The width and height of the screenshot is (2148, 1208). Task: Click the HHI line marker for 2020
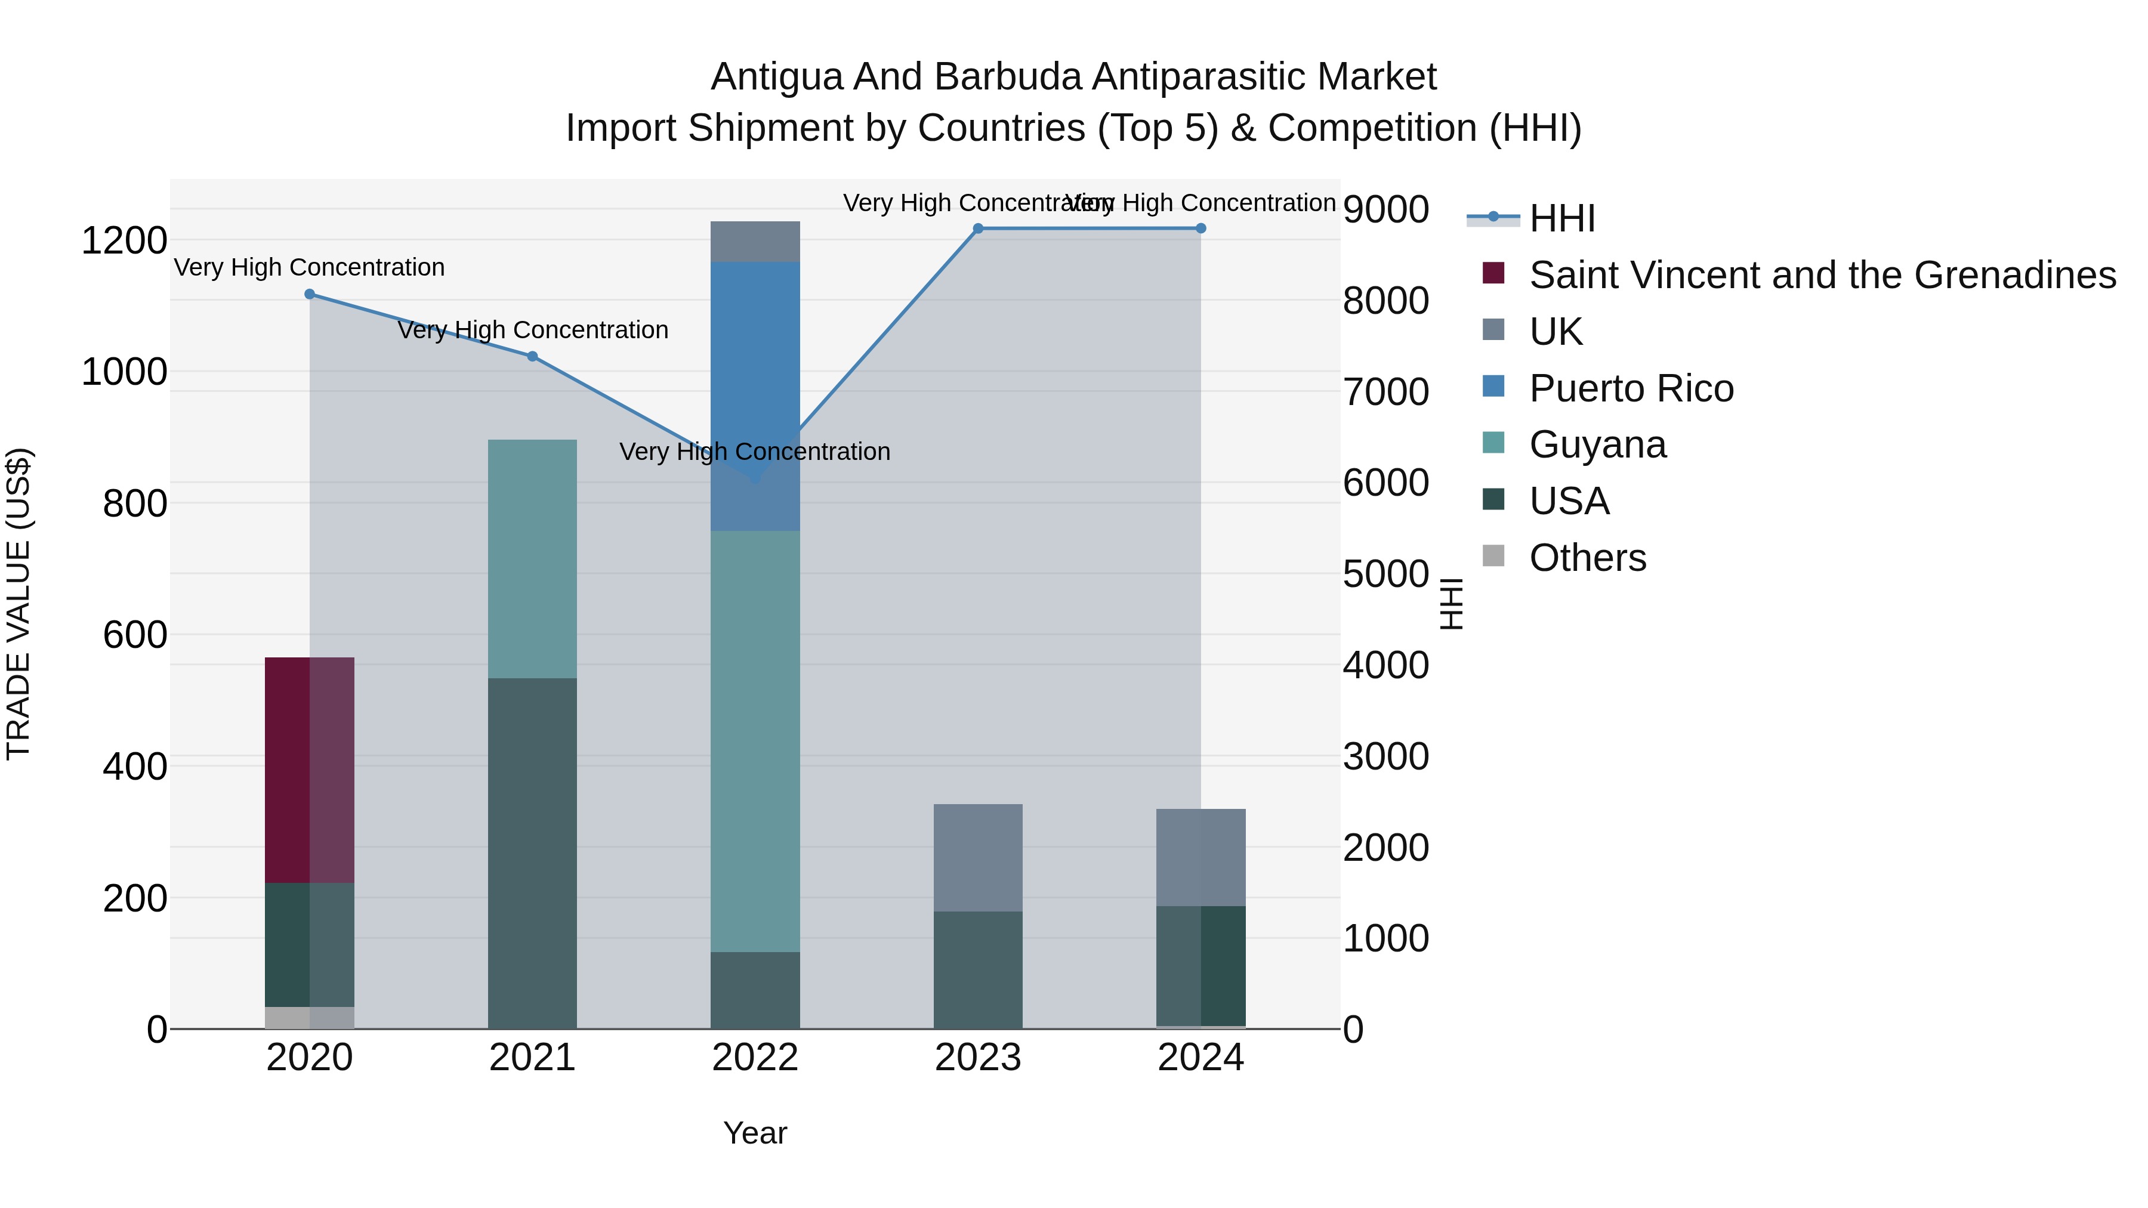(x=309, y=294)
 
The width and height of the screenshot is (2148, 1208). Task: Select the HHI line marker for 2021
(x=532, y=356)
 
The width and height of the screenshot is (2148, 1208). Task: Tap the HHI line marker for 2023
(x=978, y=228)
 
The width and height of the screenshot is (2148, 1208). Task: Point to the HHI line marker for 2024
(x=1200, y=228)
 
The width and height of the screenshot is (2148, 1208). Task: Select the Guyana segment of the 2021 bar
(x=532, y=558)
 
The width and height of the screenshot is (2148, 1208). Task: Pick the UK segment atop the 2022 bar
(x=755, y=242)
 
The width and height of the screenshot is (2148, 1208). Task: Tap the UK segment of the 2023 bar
(x=978, y=857)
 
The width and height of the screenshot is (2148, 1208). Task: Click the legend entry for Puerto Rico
(x=1631, y=388)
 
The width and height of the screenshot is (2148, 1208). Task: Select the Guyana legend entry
(x=1598, y=445)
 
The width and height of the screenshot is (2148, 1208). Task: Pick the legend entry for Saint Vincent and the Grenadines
(x=1822, y=275)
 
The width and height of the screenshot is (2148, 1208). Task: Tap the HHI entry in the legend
(x=1563, y=218)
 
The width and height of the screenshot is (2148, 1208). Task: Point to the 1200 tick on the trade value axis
(x=124, y=241)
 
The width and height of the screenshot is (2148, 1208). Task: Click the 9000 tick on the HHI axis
(x=1386, y=209)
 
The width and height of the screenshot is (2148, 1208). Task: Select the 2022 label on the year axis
(x=755, y=1058)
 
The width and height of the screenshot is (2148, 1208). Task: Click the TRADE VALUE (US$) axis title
(x=18, y=604)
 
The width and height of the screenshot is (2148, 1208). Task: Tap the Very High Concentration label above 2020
(x=309, y=268)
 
